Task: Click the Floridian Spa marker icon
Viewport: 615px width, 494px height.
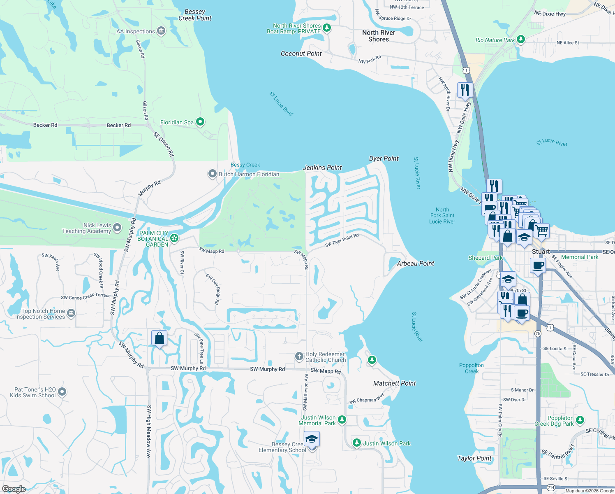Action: pyautogui.click(x=200, y=122)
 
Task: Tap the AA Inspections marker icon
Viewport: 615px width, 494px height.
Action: pyautogui.click(x=161, y=31)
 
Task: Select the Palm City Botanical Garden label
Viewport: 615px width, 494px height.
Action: pyautogui.click(x=153, y=239)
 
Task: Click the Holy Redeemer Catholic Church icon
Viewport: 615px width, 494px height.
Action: pyautogui.click(x=299, y=357)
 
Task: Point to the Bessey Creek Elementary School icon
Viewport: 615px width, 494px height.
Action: pyautogui.click(x=312, y=440)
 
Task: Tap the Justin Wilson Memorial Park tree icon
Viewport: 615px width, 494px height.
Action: pyautogui.click(x=342, y=420)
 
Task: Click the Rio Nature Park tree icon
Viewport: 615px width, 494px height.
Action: pyautogui.click(x=521, y=40)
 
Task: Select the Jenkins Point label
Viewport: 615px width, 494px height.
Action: pyautogui.click(x=322, y=168)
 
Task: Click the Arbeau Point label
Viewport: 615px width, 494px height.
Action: pyautogui.click(x=415, y=263)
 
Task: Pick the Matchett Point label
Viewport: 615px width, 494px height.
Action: pyautogui.click(x=394, y=383)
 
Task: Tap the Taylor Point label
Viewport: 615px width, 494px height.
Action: pyautogui.click(x=474, y=458)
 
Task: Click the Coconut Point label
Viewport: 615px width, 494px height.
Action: pyautogui.click(x=301, y=54)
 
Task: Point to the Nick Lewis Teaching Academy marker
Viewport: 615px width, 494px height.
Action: pyautogui.click(x=117, y=228)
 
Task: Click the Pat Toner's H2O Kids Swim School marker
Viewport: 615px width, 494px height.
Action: pyautogui.click(x=62, y=392)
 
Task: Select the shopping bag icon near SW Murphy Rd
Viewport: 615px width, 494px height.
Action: pyautogui.click(x=159, y=338)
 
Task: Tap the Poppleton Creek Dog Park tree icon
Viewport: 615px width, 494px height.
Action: pyautogui.click(x=580, y=420)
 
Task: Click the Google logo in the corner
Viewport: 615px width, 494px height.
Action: pyautogui.click(x=14, y=489)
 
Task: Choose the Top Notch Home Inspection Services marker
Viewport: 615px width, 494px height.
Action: pyautogui.click(x=71, y=313)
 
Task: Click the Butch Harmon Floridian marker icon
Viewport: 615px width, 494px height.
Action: pyautogui.click(x=212, y=174)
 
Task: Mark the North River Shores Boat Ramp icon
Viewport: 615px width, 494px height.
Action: pyautogui.click(x=327, y=28)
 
